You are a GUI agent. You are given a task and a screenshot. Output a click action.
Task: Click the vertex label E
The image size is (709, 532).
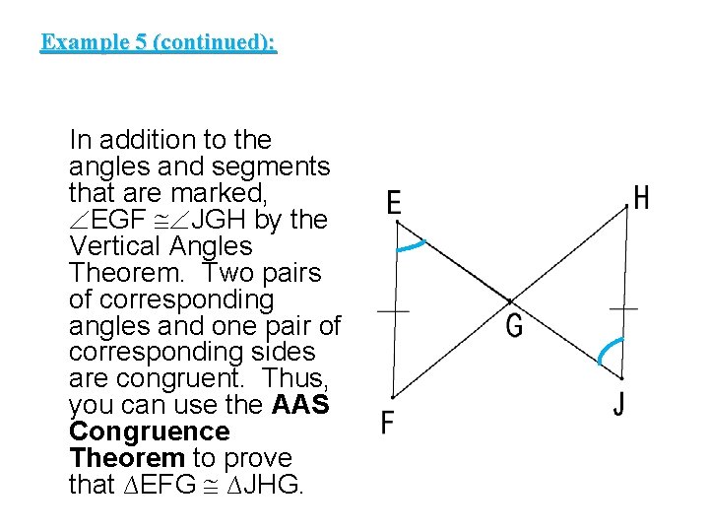click(x=394, y=204)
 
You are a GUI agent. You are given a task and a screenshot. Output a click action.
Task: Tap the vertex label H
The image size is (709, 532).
click(x=642, y=198)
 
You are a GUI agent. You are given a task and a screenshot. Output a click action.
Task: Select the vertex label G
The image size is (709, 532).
click(x=514, y=325)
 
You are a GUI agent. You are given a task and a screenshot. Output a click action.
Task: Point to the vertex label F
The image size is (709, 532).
click(x=388, y=423)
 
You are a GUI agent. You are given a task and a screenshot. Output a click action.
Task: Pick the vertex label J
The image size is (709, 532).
click(x=619, y=404)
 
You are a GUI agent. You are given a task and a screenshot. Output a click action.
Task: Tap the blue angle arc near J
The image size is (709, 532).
click(x=608, y=349)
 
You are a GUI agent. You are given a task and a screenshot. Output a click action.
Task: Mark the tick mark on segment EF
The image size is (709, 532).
click(x=394, y=310)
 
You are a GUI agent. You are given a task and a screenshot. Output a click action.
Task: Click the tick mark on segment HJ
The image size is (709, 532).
click(x=623, y=308)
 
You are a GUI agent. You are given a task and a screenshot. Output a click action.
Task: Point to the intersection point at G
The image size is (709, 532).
click(x=509, y=300)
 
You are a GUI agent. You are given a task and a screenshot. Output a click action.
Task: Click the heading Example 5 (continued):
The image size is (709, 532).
click(x=159, y=42)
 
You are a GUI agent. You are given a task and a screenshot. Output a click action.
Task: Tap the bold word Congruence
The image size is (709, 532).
click(x=150, y=432)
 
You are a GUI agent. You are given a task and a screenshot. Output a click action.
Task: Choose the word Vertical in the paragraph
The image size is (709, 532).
click(x=116, y=246)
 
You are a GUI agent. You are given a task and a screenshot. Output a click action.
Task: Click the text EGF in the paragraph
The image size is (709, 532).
click(x=122, y=220)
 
